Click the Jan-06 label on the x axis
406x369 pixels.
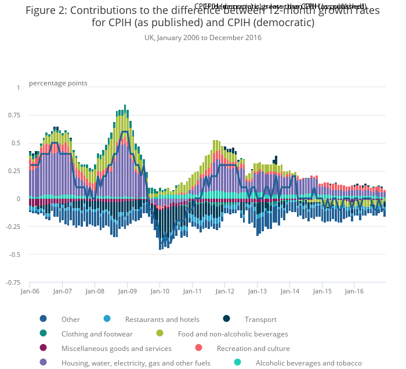coord(30,291)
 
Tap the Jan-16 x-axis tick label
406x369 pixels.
coord(355,291)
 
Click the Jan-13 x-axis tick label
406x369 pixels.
coord(258,291)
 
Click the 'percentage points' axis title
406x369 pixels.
coord(58,83)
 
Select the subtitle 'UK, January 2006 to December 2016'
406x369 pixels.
coord(203,38)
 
